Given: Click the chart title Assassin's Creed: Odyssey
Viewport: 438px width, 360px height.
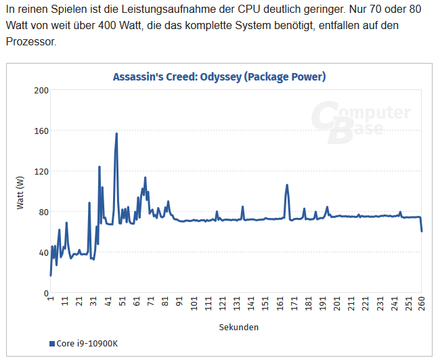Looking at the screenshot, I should pos(219,77).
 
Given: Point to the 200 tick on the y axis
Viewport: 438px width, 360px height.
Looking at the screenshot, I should pos(41,90).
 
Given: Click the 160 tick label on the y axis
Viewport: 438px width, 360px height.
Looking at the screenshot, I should pos(41,131).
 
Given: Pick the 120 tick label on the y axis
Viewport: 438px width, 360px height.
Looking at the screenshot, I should pos(41,171).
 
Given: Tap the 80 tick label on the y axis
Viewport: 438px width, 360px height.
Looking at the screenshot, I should pos(43,212).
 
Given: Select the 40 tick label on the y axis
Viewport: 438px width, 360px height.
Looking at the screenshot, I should pos(43,252).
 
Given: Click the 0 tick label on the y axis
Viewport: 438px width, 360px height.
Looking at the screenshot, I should pos(45,293).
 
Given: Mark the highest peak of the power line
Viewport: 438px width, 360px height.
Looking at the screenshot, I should pos(116,134).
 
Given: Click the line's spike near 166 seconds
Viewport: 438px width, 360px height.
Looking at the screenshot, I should pos(287,185).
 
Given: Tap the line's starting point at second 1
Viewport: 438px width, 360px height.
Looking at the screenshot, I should pos(51,275).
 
